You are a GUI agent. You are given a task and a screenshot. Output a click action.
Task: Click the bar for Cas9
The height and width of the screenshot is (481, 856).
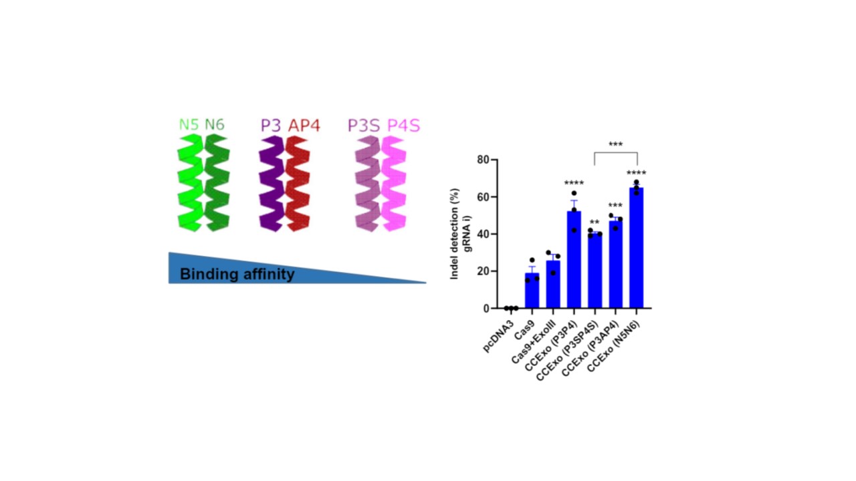coord(532,291)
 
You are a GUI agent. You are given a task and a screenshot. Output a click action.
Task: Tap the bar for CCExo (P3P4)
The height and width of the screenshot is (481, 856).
coord(574,261)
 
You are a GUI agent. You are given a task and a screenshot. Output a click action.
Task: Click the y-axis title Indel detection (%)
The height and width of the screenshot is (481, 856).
coord(455,233)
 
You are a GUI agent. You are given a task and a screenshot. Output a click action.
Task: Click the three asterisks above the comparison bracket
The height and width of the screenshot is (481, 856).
coord(615,144)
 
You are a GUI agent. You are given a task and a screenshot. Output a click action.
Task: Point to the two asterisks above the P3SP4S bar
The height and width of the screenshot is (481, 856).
coord(595,223)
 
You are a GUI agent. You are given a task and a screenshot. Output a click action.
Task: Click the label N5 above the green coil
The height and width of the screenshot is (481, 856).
coord(189,125)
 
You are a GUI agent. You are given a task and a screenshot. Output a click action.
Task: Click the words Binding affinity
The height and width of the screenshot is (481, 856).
coord(237,274)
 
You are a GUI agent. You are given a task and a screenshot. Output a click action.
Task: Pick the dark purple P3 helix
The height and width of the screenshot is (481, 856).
coord(272,184)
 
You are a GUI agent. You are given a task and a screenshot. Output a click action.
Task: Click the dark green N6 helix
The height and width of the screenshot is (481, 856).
coord(217,184)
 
